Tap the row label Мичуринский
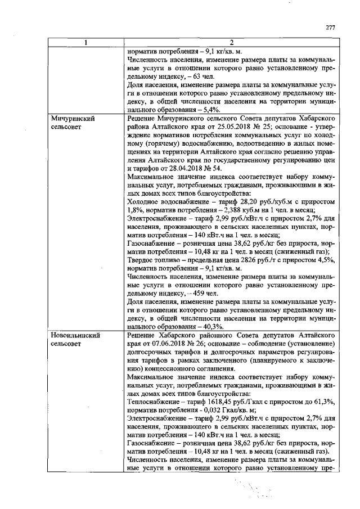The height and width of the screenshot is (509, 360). point(72,120)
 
